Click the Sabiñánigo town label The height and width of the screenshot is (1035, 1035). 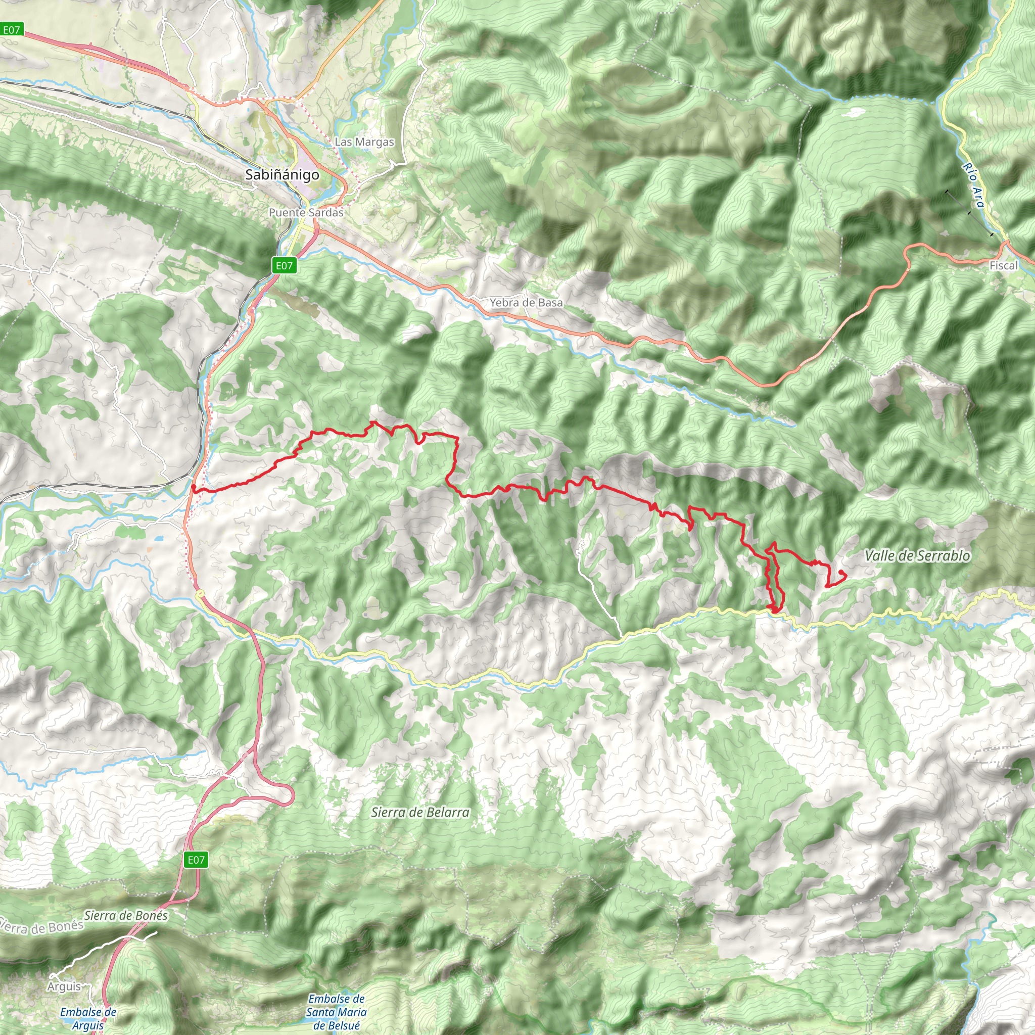(282, 175)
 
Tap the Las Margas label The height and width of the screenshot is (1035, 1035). (364, 142)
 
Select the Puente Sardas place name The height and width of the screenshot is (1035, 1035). (306, 212)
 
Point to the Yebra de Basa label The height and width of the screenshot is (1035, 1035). (526, 303)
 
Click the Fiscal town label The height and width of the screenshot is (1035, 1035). (1003, 266)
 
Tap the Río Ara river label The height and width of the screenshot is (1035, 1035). (973, 185)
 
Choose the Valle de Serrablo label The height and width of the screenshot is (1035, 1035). (917, 555)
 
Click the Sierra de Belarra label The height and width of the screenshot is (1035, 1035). (420, 812)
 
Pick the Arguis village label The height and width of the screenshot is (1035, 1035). (64, 987)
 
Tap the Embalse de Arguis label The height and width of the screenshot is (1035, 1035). (88, 1018)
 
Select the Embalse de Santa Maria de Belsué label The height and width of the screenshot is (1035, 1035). (337, 1012)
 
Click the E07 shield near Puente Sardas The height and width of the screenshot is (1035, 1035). (284, 265)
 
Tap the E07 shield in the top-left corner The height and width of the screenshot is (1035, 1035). (11, 30)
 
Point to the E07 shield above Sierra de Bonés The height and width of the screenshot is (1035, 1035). (196, 860)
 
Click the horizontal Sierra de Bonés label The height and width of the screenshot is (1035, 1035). (126, 916)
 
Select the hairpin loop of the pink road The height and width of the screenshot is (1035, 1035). (289, 796)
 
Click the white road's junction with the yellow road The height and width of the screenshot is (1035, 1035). (623, 638)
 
